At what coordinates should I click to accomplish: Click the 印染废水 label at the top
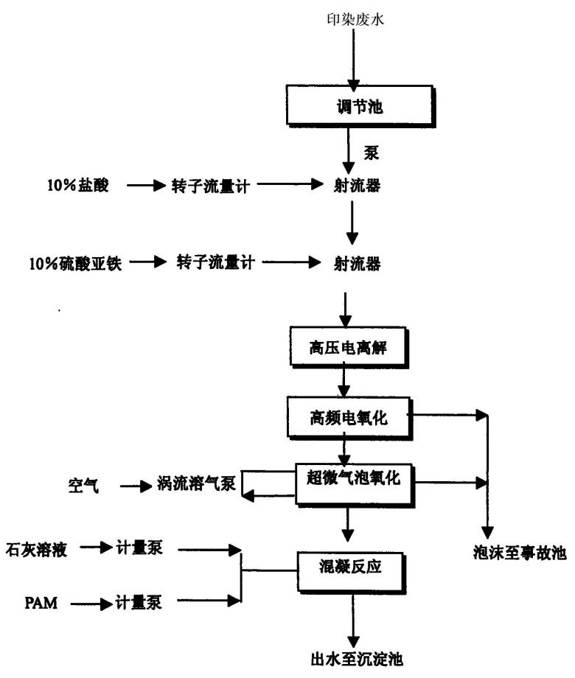coord(355,19)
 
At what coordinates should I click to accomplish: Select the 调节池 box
coord(360,106)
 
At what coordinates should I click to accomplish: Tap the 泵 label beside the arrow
coord(372,153)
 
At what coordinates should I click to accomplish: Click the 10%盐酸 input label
coord(78,186)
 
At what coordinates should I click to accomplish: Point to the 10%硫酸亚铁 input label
coord(75,263)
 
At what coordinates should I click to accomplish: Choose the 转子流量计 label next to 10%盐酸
coord(211,186)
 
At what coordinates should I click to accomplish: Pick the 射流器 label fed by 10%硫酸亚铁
coord(357,263)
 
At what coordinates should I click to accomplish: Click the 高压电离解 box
coord(349,348)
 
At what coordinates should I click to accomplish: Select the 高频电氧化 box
coord(349,418)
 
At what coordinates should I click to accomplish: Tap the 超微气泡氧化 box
coord(355,484)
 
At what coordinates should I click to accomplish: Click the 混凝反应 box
coord(351,572)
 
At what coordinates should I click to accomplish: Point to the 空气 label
coord(83,486)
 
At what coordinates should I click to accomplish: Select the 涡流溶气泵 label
coord(196,483)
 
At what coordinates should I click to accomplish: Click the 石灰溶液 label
coord(36,550)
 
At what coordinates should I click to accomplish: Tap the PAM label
coord(41,603)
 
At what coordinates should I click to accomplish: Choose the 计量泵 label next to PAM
coord(139,602)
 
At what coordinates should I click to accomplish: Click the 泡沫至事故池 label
coord(520,553)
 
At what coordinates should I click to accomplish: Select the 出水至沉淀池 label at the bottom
coord(357,659)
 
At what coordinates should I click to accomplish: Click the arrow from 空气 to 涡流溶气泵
coord(136,486)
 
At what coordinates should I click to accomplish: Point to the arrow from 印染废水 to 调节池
coord(354,60)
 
